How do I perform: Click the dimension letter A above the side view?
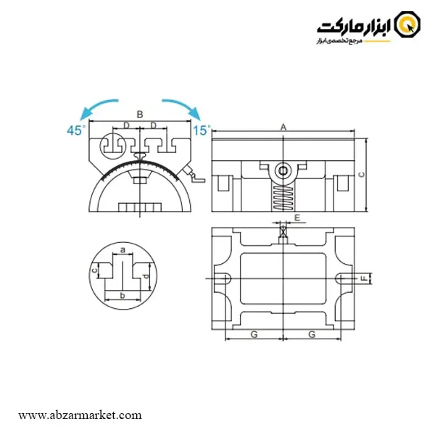(x=283, y=128)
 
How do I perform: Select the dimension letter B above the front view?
(x=140, y=115)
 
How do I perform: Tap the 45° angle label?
(x=76, y=130)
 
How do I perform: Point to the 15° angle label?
(x=202, y=130)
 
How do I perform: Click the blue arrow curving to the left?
(x=96, y=106)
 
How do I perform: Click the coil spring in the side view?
(x=283, y=197)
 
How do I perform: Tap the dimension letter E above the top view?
(x=297, y=217)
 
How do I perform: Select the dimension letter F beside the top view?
(x=365, y=278)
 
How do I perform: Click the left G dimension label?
(x=254, y=334)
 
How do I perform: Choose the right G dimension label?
(x=312, y=334)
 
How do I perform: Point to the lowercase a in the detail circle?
(x=123, y=250)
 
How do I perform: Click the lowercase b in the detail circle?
(x=123, y=296)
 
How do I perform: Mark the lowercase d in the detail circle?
(x=146, y=276)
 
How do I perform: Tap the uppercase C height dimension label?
(x=362, y=175)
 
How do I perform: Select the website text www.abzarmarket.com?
(x=80, y=415)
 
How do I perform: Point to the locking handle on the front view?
(x=194, y=175)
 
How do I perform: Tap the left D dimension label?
(x=126, y=125)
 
